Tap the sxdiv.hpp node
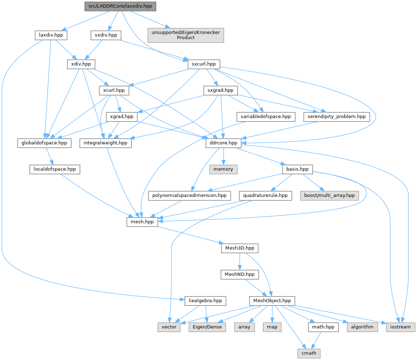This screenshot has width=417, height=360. (x=106, y=35)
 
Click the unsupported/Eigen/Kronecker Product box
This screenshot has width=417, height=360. (x=186, y=35)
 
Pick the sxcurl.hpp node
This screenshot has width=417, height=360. (x=204, y=64)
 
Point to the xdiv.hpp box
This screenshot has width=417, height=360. (x=81, y=64)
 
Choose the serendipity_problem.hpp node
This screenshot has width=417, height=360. (x=336, y=117)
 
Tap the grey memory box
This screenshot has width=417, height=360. (x=223, y=169)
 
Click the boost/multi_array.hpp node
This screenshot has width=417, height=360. (x=330, y=195)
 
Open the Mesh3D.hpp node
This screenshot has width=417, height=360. (x=240, y=248)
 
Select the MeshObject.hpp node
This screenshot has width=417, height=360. (x=272, y=301)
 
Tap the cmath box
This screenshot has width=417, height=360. (x=309, y=353)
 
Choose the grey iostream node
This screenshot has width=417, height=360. (x=401, y=327)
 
